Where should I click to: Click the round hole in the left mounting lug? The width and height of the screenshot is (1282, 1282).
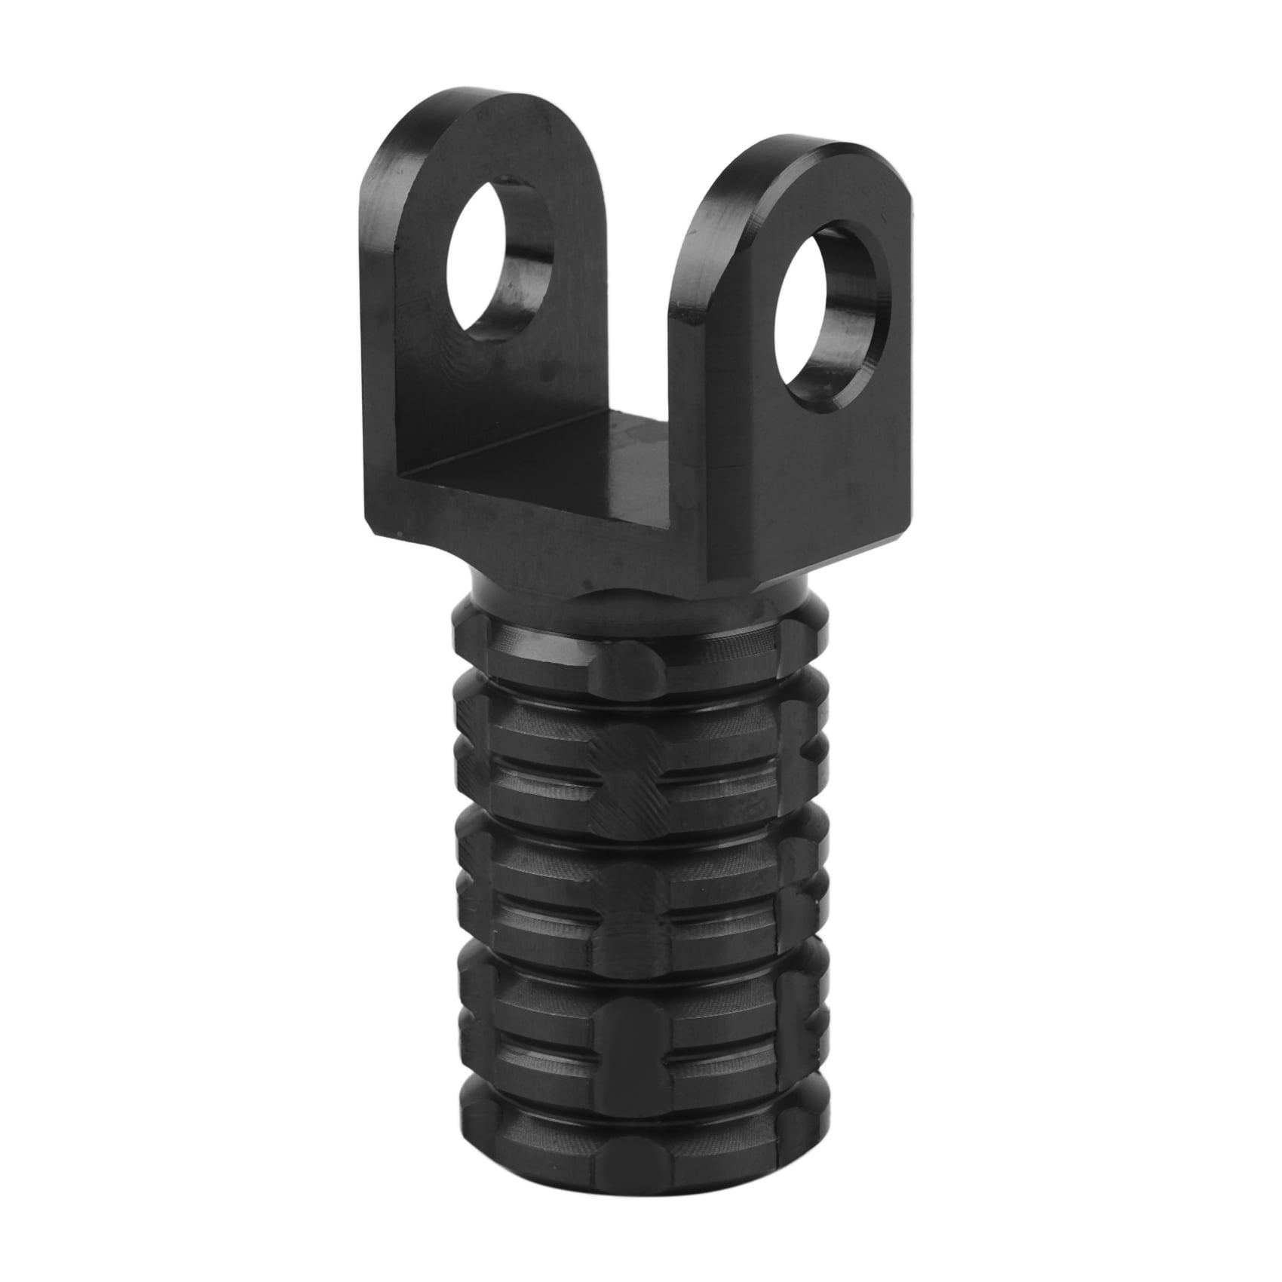coord(499,256)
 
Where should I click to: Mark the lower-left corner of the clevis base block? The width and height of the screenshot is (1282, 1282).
coord(377,528)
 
